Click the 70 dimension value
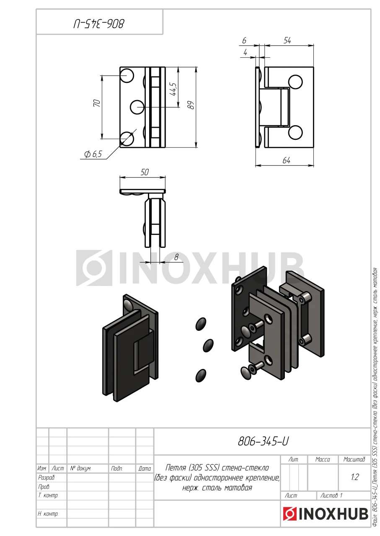(97, 103)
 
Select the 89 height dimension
(191, 105)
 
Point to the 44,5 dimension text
(173, 89)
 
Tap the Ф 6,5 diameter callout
(93, 154)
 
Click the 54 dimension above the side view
(287, 41)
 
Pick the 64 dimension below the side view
(287, 160)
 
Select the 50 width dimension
(145, 172)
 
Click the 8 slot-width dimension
(176, 257)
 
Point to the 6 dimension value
(244, 41)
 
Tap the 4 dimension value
(245, 52)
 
